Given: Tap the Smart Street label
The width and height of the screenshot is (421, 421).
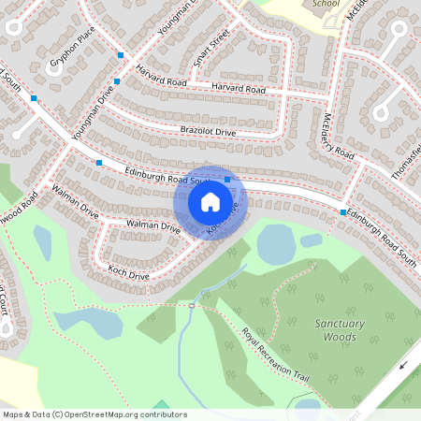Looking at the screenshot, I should pyautogui.click(x=210, y=52).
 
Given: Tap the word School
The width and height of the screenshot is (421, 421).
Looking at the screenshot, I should pyautogui.click(x=326, y=4).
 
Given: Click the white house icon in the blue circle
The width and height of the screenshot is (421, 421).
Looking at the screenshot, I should pyautogui.click(x=210, y=201).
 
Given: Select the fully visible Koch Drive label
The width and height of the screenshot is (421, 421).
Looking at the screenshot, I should pyautogui.click(x=128, y=275).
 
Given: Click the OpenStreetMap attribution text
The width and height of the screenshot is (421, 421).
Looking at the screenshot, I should pyautogui.click(x=94, y=414).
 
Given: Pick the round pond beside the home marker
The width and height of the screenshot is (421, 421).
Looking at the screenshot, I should pyautogui.click(x=275, y=244).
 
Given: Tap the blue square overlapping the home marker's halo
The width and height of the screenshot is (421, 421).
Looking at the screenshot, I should pyautogui.click(x=227, y=180).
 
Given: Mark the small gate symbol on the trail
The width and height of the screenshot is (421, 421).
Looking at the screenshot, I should pyautogui.click(x=192, y=305).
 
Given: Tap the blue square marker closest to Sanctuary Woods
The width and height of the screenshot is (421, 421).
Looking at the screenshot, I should pyautogui.click(x=343, y=212).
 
